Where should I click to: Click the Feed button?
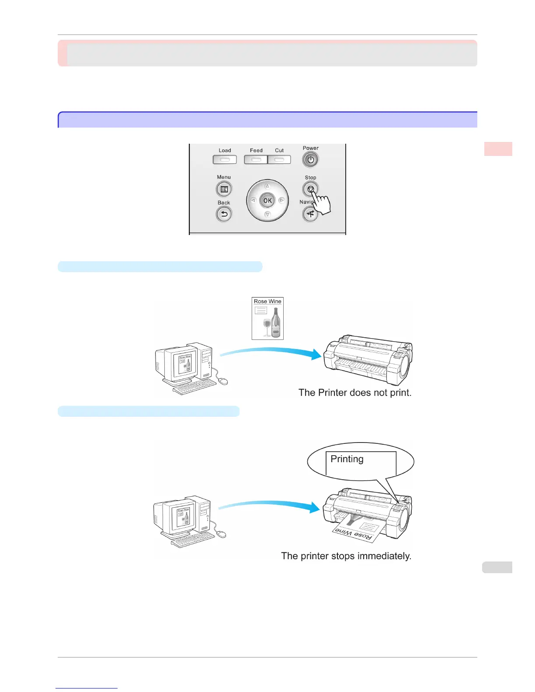point(256,159)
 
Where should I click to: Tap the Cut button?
point(279,159)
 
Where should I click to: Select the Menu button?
point(224,189)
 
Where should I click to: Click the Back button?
point(224,214)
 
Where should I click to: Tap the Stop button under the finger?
point(310,189)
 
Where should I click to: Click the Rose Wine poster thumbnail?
point(267,318)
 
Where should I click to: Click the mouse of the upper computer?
point(223,381)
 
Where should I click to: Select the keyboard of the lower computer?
point(192,541)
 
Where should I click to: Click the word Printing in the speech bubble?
point(347,459)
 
